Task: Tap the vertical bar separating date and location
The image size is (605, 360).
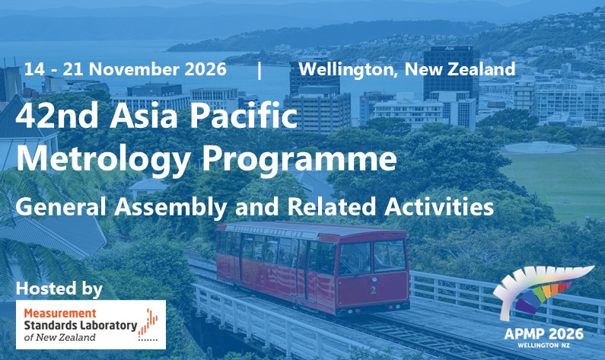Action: pos(260,70)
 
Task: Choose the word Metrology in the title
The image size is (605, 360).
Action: pos(103,158)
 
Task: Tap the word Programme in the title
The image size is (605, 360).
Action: pos(299,158)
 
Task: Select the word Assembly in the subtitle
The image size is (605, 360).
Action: pos(170,206)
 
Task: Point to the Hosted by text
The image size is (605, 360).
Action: pos(59,288)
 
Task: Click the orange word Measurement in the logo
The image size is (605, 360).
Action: pos(60,313)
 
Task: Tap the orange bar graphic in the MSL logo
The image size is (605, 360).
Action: pos(148,324)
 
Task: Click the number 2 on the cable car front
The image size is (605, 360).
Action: pos(373,290)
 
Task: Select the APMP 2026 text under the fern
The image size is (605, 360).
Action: pos(543,334)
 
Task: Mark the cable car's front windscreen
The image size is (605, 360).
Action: pos(371,257)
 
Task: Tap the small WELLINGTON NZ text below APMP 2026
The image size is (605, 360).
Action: pos(544,345)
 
